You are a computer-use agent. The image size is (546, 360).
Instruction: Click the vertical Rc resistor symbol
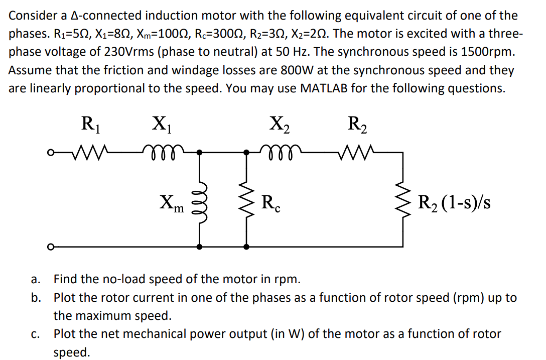[246, 201]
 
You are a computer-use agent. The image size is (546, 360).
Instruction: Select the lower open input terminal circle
[50, 247]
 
